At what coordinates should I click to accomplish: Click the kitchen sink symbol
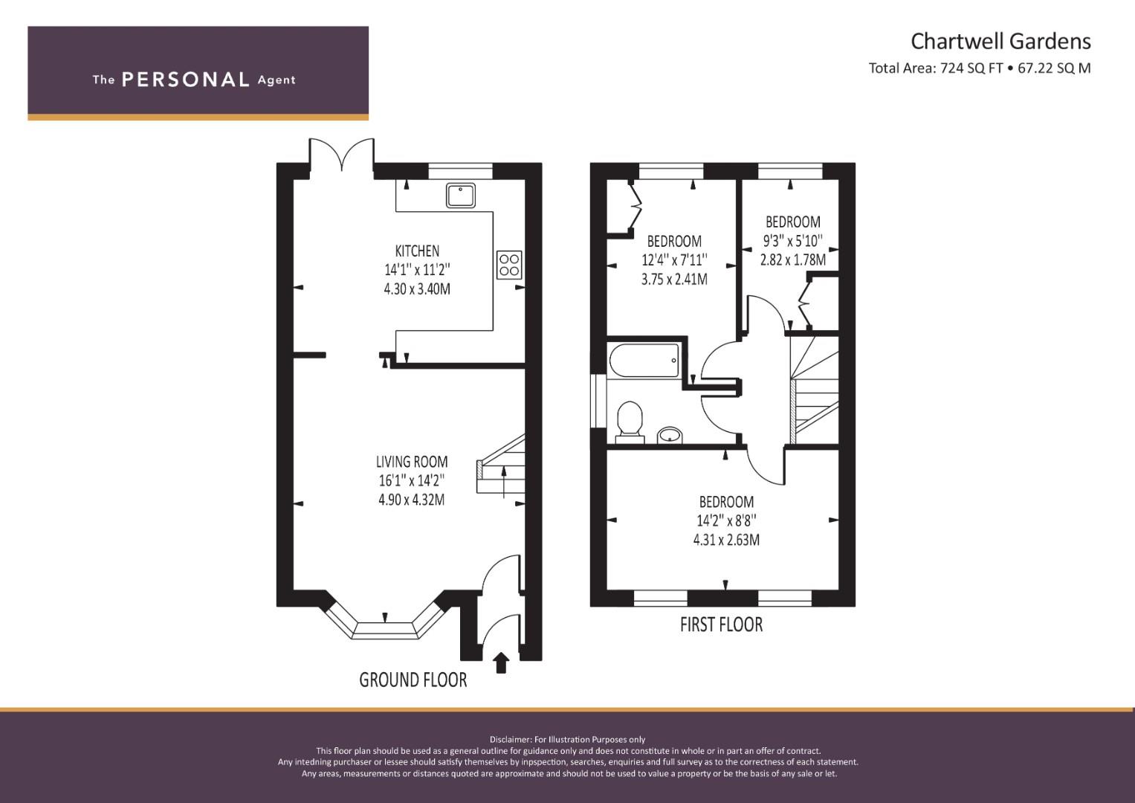tap(461, 195)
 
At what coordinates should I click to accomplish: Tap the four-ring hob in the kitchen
tap(509, 265)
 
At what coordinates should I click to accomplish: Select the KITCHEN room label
tap(417, 251)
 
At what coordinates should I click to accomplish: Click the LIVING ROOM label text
tap(412, 462)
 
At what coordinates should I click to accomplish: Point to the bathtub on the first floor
tap(644, 361)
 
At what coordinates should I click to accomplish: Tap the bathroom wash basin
tap(670, 435)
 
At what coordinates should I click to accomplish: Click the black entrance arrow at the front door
tap(501, 662)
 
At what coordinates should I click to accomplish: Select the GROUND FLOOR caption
tap(413, 680)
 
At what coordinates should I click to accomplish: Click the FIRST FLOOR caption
tap(721, 625)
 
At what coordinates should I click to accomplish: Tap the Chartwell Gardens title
tap(1000, 42)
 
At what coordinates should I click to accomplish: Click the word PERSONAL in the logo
tap(186, 80)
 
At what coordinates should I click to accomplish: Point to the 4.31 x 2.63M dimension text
tap(726, 540)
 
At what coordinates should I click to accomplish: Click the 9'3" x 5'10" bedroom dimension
tap(793, 241)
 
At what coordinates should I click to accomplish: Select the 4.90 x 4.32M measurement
tap(412, 500)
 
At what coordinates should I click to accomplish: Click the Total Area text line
tap(980, 68)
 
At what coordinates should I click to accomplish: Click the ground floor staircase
tap(501, 466)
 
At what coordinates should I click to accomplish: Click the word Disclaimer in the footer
tap(510, 740)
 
